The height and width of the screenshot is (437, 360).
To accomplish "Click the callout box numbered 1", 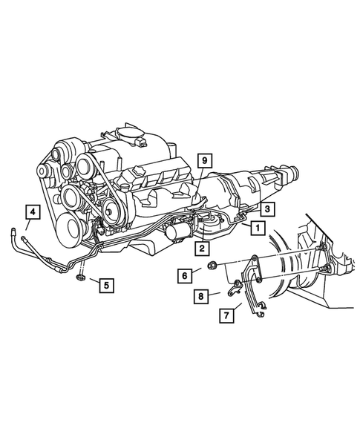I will coord(257,228).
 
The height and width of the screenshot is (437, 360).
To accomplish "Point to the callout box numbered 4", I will coord(31,213).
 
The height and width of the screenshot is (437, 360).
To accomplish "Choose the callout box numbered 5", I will coord(106,284).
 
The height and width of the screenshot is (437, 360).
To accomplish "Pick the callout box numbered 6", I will coord(185,275).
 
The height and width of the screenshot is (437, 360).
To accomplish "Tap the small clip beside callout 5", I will coord(80,279).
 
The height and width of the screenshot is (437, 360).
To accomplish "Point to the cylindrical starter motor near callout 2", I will coord(178,231).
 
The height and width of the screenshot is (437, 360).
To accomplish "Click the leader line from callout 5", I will coord(91,280).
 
